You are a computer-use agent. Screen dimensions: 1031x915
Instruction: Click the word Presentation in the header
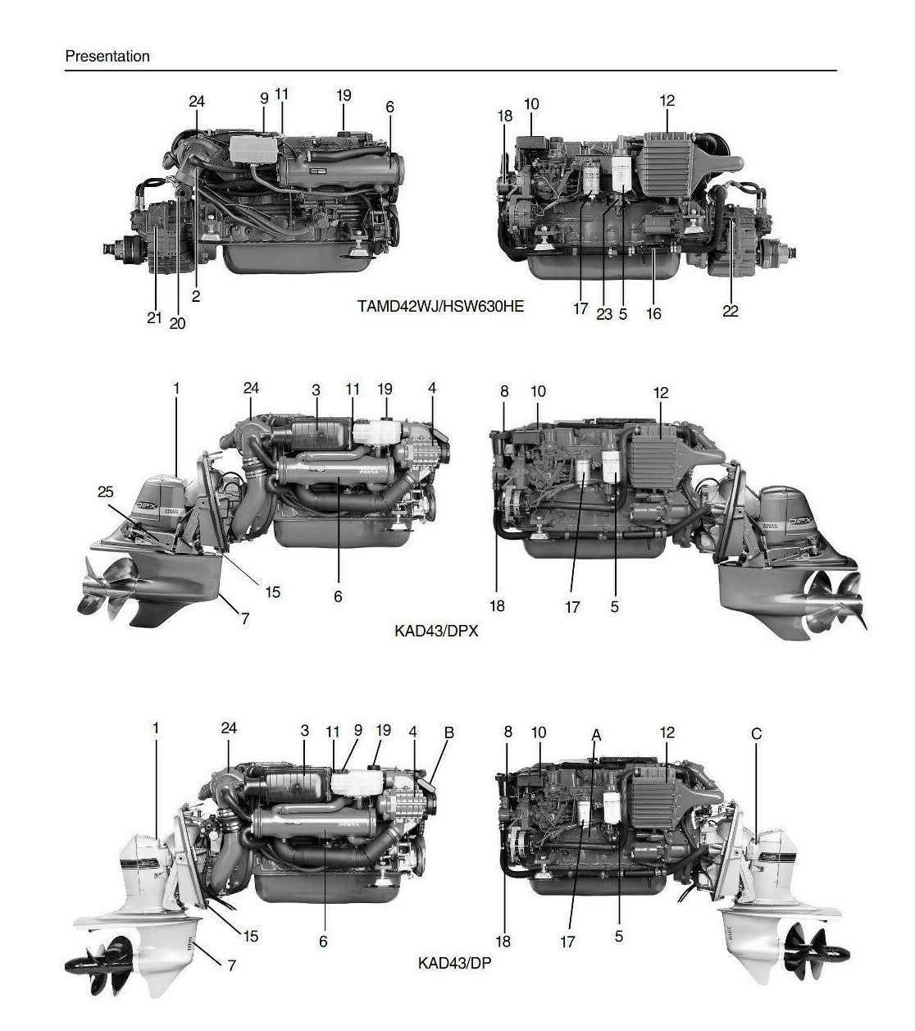(107, 57)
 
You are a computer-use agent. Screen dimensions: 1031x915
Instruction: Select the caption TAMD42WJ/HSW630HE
(440, 307)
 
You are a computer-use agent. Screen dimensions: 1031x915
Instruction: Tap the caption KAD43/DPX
(435, 632)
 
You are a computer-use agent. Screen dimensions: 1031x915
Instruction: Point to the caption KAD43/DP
(455, 962)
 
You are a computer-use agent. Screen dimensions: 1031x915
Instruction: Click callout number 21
(154, 318)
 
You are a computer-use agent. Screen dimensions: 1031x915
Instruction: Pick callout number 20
(177, 323)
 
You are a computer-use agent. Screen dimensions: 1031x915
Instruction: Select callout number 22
(730, 311)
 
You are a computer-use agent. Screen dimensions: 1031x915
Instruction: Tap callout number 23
(604, 314)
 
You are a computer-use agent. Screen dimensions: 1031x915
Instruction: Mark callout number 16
(653, 313)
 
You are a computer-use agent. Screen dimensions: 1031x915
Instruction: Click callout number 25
(106, 492)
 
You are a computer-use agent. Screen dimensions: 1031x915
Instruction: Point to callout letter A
(596, 735)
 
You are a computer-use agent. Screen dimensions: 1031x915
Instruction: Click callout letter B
(448, 732)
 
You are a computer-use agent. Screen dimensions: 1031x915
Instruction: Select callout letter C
(756, 734)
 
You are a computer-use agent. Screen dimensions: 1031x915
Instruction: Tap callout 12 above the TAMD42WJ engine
(667, 101)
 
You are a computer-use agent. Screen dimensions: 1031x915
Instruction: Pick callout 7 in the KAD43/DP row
(232, 966)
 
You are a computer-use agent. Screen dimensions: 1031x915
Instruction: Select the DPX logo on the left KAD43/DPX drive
(146, 508)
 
